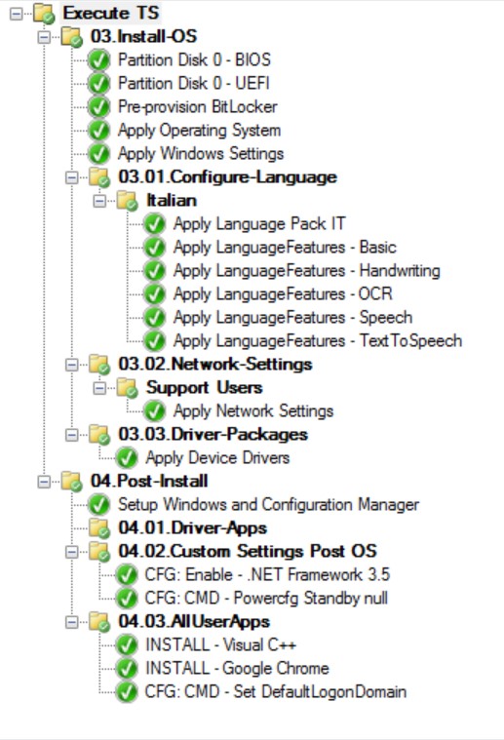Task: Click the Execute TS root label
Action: coord(111,13)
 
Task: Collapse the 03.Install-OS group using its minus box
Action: coord(44,37)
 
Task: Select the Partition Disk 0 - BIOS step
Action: coord(194,59)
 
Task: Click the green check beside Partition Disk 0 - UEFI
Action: coord(98,84)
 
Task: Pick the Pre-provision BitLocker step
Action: coord(197,106)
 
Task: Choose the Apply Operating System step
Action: coord(199,131)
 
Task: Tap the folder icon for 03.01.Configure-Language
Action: coord(99,177)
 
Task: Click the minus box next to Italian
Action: coord(99,201)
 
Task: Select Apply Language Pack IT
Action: coord(259,223)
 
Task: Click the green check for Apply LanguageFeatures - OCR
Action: coord(154,294)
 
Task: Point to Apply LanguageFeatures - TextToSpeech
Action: coord(318,340)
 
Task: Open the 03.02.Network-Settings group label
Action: coord(215,364)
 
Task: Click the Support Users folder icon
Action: coord(128,388)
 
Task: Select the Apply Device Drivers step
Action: coord(217,458)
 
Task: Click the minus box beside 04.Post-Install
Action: coord(44,482)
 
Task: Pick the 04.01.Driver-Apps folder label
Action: coord(193,527)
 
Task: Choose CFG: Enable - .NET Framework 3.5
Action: coord(267,575)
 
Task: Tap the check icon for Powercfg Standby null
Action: coord(127,599)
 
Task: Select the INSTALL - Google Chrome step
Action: coord(237,668)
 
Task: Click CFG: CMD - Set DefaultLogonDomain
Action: coord(276,692)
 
